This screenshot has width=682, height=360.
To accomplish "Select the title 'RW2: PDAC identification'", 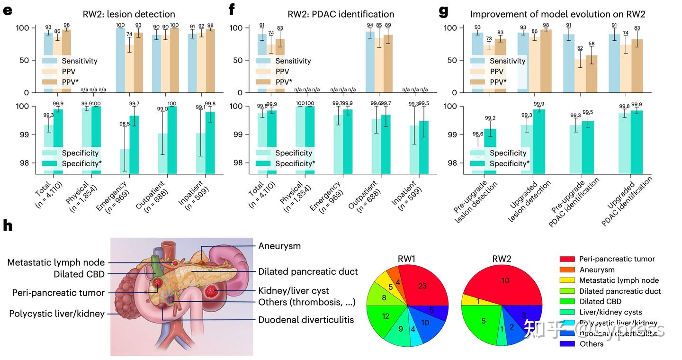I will (341, 14).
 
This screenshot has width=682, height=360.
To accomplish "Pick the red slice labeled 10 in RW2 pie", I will (505, 281).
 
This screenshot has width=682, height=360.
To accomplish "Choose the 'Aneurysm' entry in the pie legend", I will (597, 270).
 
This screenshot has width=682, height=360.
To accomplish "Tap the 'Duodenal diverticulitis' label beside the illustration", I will (305, 320).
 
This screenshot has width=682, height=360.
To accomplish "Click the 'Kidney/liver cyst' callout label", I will (293, 290).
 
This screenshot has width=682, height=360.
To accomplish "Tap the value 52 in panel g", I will (580, 48).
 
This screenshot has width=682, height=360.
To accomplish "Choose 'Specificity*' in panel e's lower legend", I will (81, 163).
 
